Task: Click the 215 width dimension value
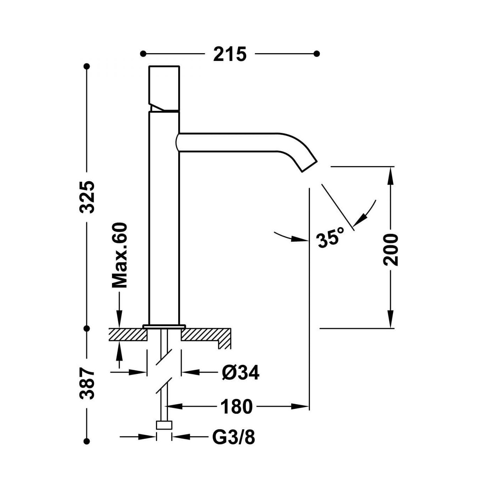click(x=230, y=54)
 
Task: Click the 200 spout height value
click(x=391, y=249)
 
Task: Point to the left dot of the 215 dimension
click(x=143, y=54)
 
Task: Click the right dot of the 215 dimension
click(x=317, y=54)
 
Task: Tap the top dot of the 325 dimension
click(x=87, y=66)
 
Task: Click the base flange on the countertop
click(x=164, y=326)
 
